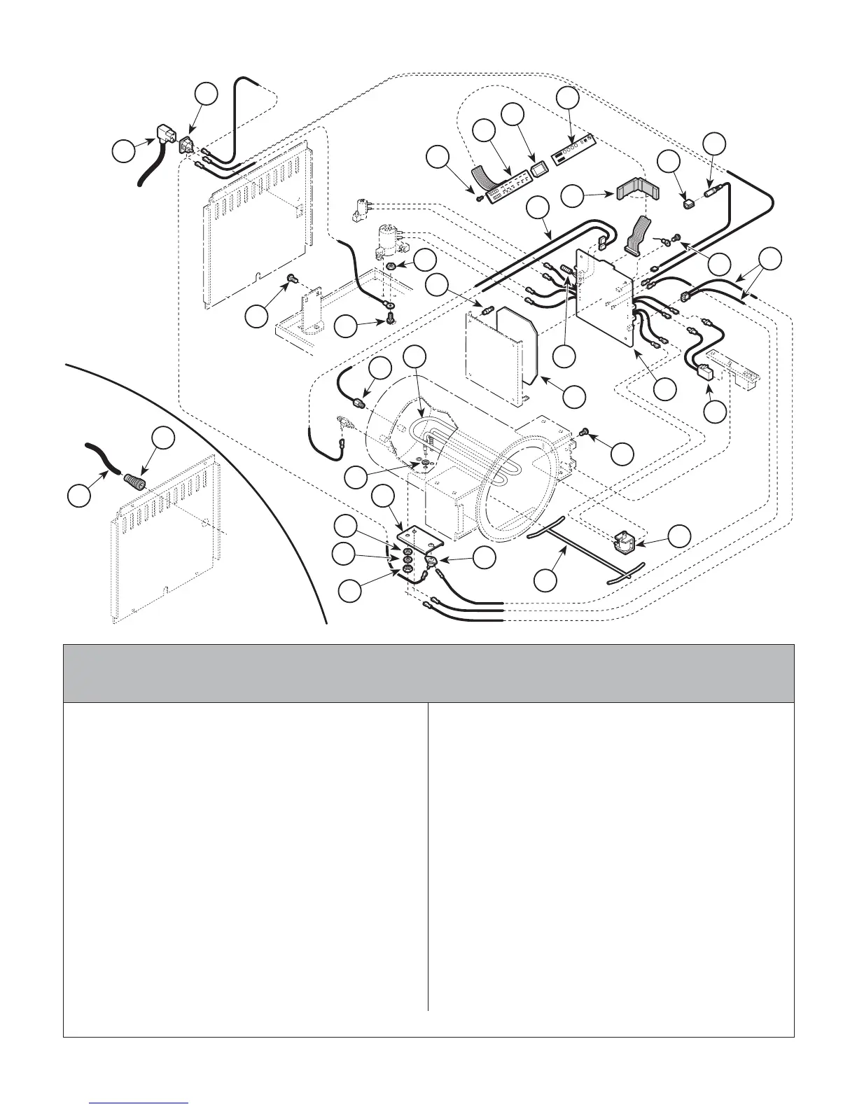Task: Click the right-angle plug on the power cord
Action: (162, 136)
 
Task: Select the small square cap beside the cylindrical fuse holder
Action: (689, 204)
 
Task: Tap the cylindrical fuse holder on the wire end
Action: (714, 190)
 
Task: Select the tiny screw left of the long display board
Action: (478, 198)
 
